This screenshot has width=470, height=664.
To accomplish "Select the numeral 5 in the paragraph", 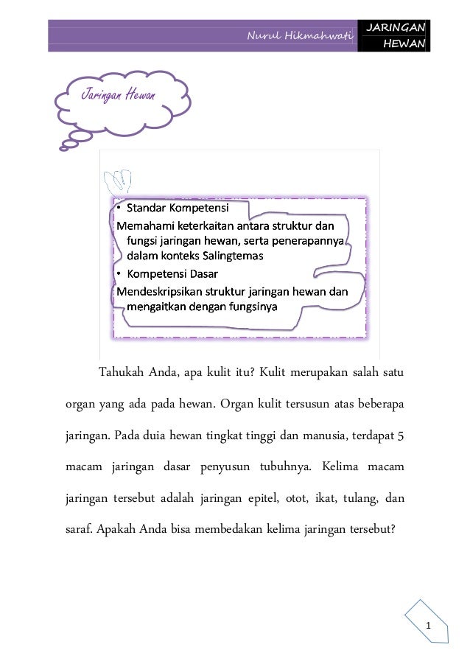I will tap(401, 435).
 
